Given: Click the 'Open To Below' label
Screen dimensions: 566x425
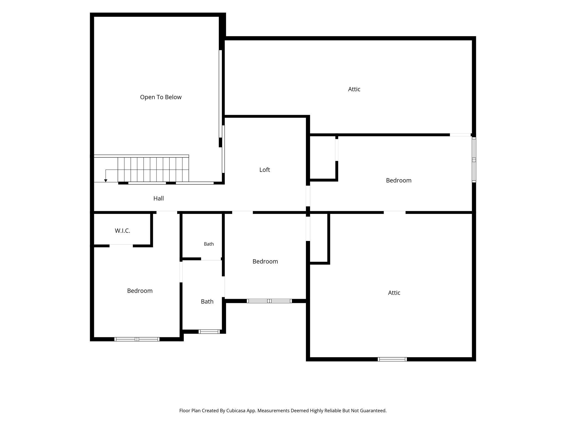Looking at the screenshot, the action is tap(161, 97).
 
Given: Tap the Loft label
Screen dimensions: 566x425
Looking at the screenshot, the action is tap(264, 170).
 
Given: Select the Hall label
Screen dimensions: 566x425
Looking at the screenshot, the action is tap(159, 198).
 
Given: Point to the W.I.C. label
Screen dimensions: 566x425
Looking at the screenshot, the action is tap(122, 231).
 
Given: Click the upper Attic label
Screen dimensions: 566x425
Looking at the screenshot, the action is tap(354, 89).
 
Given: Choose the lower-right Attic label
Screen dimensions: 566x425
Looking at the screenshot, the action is tap(394, 293).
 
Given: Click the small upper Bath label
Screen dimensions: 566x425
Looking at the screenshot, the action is tap(209, 244).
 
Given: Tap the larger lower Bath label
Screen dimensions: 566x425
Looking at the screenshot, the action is tap(207, 302).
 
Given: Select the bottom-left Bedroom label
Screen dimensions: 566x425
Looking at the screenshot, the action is tap(140, 291).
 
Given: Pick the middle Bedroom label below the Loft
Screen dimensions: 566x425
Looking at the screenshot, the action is tap(265, 261).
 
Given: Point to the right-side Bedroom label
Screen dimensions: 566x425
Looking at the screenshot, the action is tap(399, 180).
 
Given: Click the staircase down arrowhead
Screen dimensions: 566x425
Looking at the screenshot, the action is tap(106, 181).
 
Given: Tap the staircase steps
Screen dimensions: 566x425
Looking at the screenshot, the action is tap(153, 170).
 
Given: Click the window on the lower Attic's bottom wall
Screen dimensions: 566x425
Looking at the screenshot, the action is tap(392, 359).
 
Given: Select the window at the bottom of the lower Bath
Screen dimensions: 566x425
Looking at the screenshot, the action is tap(209, 331).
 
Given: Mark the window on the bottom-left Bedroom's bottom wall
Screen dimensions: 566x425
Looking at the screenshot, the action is tap(137, 339).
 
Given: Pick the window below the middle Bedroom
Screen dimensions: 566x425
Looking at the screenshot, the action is tap(269, 301).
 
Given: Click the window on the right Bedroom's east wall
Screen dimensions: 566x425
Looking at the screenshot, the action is tap(474, 160).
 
